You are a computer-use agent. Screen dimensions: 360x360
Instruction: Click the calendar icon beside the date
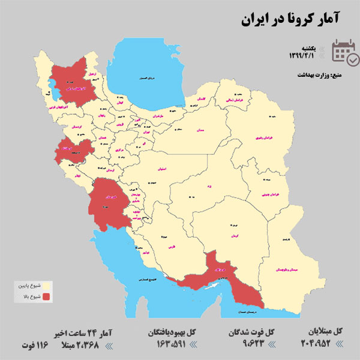click(346, 52)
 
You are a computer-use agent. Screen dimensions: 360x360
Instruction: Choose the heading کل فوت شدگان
click(253, 331)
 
